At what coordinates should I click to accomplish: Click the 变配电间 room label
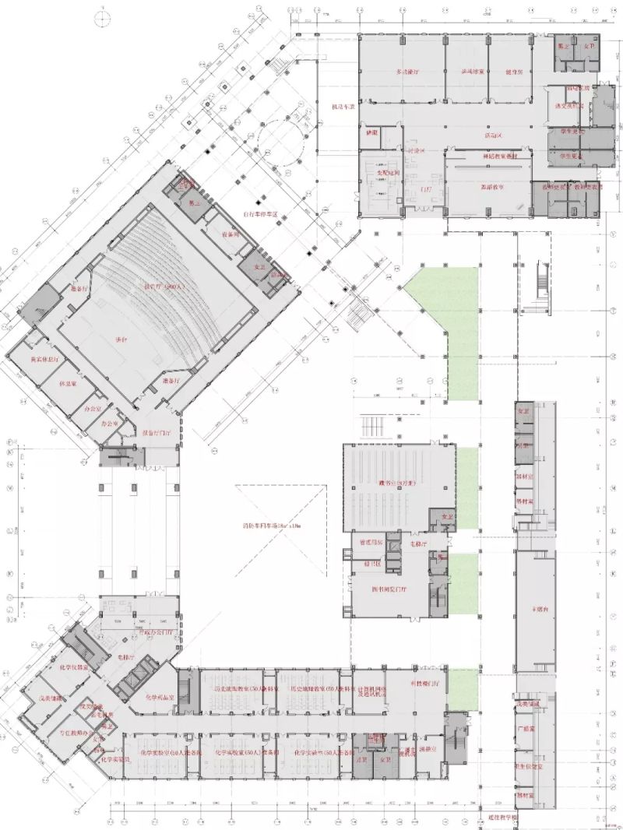point(388,172)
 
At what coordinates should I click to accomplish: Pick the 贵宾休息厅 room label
point(44,360)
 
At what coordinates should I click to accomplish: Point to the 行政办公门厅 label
point(164,631)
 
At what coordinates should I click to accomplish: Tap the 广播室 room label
point(528,729)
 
